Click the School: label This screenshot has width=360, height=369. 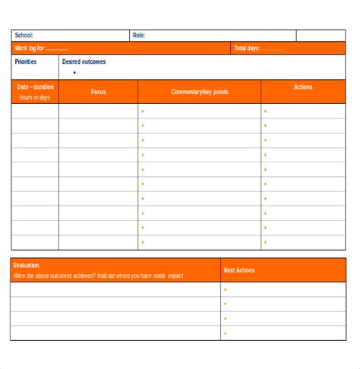point(24,36)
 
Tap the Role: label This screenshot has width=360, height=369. point(139,36)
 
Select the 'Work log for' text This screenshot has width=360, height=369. point(41,49)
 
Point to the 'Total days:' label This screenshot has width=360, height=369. point(258,49)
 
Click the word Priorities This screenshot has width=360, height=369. point(26,62)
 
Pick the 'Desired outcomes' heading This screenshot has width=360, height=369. point(84,62)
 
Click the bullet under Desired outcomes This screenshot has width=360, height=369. point(74,73)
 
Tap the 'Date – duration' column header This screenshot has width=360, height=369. point(35,87)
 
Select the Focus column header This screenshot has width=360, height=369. point(99,92)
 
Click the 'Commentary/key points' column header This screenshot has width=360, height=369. point(199,92)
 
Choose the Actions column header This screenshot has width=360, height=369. point(303,87)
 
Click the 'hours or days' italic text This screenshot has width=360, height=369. point(35,97)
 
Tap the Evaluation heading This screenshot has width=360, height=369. point(27,266)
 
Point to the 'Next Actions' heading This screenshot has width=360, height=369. point(239,270)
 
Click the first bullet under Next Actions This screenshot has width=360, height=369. point(225,290)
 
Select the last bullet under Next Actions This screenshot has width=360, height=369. point(225,333)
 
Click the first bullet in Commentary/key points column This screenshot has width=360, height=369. point(142,112)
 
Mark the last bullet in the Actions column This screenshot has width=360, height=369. point(265,243)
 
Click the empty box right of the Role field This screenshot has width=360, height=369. point(321,36)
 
